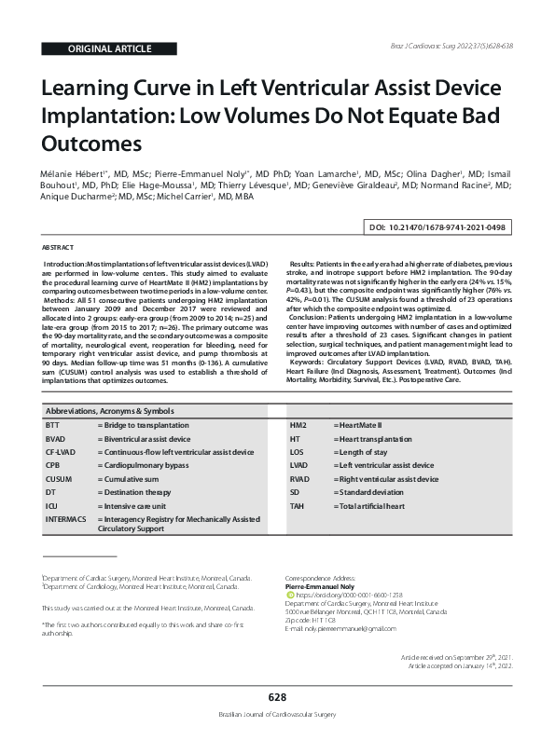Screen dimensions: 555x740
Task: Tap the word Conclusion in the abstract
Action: (x=312, y=317)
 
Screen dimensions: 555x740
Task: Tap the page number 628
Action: (x=277, y=697)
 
